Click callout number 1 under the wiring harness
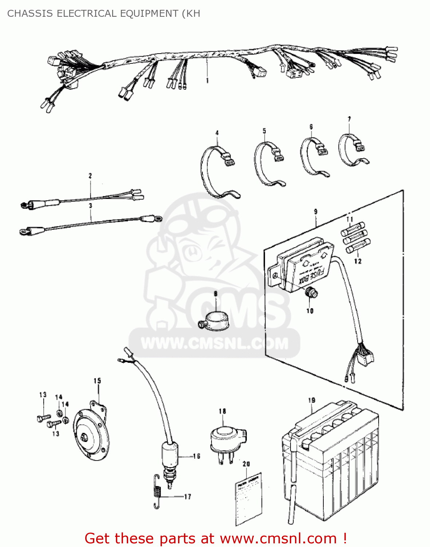207,81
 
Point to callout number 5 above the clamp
264,131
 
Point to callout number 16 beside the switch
196,456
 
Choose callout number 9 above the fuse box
315,212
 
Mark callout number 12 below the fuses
358,261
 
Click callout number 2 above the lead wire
90,176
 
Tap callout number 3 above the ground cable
91,206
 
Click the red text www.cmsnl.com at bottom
279,538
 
